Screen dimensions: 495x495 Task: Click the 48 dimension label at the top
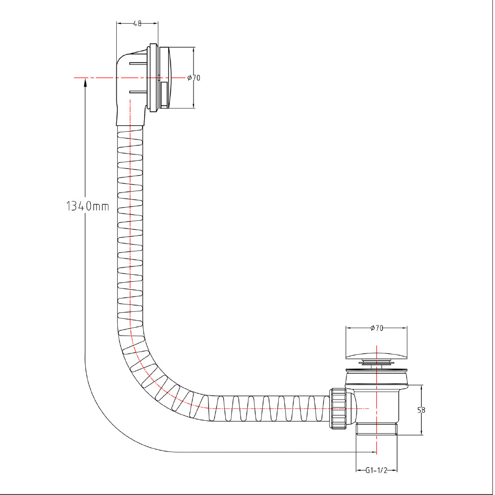137,23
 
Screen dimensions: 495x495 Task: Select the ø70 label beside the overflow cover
194,78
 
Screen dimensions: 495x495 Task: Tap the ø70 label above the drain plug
377,328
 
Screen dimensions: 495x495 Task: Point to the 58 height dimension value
422,410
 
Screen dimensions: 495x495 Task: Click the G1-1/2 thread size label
376,470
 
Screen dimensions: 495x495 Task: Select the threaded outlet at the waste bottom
377,429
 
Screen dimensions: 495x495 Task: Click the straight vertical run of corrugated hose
131,223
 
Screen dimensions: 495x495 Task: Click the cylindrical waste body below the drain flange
376,406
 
